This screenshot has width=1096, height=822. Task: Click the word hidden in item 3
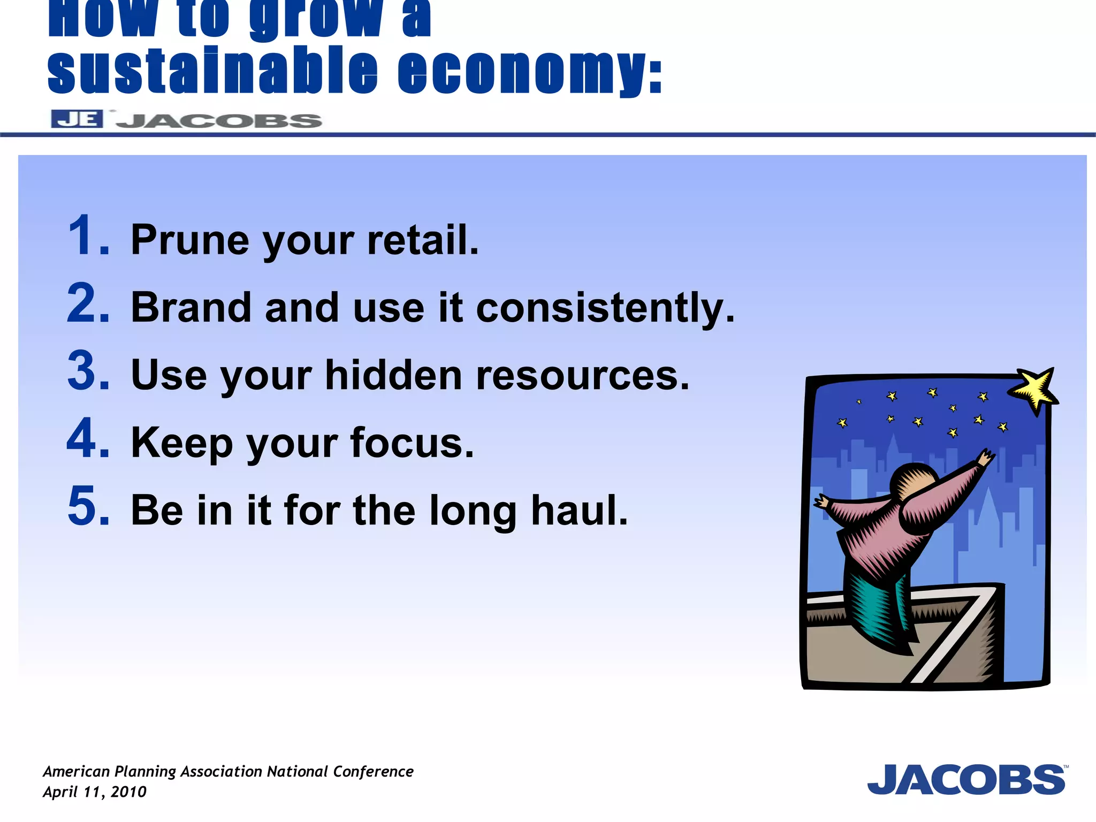click(x=393, y=375)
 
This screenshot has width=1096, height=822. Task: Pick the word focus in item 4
click(x=412, y=443)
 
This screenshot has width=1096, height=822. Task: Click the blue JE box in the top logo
click(x=77, y=119)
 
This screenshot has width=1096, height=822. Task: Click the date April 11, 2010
click(x=94, y=792)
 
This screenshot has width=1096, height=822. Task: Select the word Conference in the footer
click(x=373, y=771)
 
